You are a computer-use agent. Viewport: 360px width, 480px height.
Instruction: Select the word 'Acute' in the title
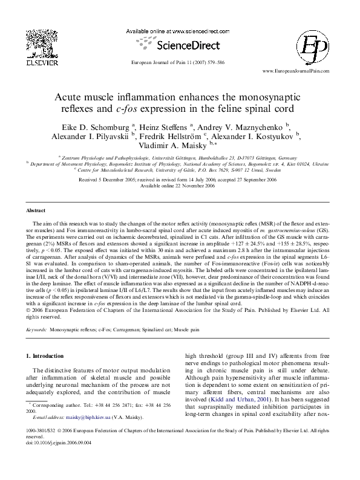pyautogui.click(x=71, y=97)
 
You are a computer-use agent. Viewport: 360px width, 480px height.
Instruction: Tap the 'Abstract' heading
pyautogui.click(x=37, y=210)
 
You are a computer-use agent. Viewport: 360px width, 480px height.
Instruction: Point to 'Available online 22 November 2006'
pyautogui.click(x=180, y=186)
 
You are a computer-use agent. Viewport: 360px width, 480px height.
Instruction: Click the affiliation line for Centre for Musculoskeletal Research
pyautogui.click(x=180, y=170)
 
